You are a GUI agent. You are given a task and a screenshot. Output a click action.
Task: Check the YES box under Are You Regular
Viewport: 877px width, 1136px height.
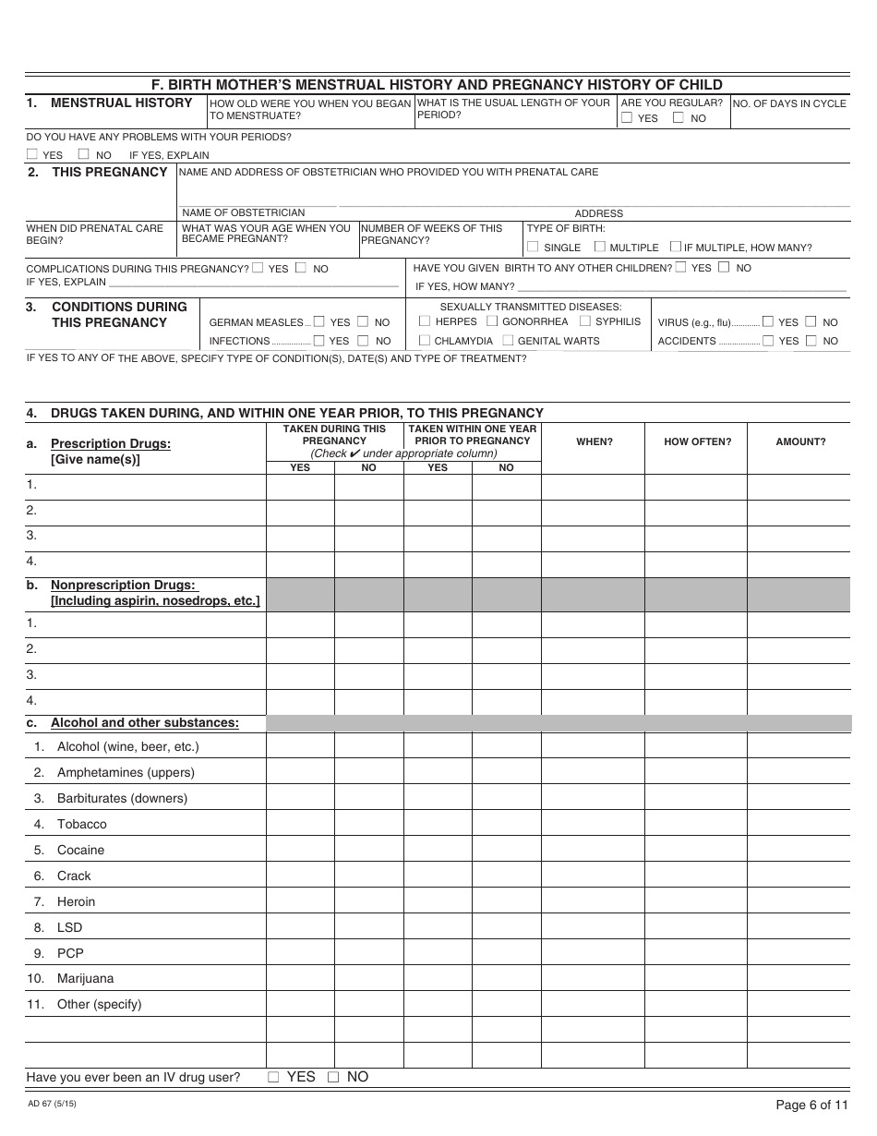[627, 118]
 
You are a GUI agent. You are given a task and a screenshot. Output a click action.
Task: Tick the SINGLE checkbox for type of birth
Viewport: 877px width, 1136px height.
[533, 247]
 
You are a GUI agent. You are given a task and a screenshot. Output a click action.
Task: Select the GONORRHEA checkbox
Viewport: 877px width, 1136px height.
[492, 321]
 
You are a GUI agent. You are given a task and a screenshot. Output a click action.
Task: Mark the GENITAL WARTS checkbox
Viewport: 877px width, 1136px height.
[508, 341]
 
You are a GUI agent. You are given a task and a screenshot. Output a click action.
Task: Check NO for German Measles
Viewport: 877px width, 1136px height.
[363, 322]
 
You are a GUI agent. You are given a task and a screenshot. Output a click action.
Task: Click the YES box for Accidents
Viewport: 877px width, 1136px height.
[768, 341]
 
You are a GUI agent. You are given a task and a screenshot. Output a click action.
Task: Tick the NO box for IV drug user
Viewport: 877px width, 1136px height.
[334, 1077]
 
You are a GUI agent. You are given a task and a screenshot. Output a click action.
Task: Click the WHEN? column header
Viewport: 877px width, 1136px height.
[595, 441]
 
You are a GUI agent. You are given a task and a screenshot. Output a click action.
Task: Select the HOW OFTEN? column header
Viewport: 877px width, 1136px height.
[697, 441]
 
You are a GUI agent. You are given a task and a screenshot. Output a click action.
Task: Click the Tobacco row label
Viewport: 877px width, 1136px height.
[81, 824]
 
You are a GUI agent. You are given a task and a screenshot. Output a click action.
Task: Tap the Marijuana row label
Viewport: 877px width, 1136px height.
[85, 978]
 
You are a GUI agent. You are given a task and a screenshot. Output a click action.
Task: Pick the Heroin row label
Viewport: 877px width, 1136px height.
[76, 901]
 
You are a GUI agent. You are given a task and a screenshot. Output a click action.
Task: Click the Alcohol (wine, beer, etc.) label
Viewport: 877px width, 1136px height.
[127, 746]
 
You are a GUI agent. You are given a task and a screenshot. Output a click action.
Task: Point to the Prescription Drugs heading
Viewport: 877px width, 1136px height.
[110, 443]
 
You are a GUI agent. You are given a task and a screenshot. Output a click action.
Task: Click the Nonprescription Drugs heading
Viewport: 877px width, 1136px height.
[123, 585]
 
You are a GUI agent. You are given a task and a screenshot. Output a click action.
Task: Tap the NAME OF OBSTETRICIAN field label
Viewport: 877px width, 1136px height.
[243, 212]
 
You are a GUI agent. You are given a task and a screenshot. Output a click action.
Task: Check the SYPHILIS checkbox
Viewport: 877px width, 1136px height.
[585, 321]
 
